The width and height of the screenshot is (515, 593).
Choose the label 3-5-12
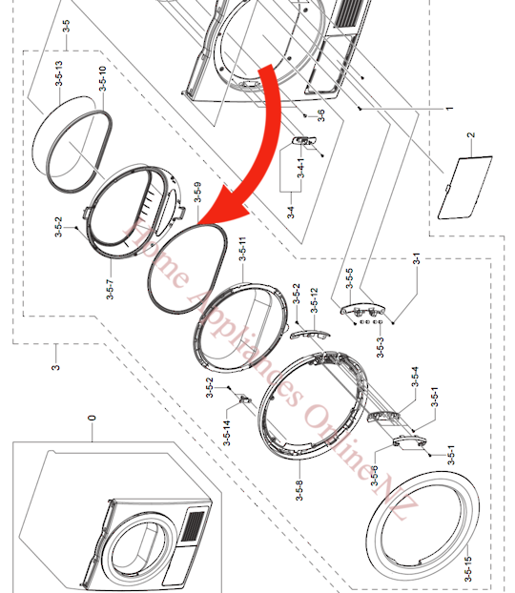pos(315,303)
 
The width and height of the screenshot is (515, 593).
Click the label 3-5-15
pos(467,569)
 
